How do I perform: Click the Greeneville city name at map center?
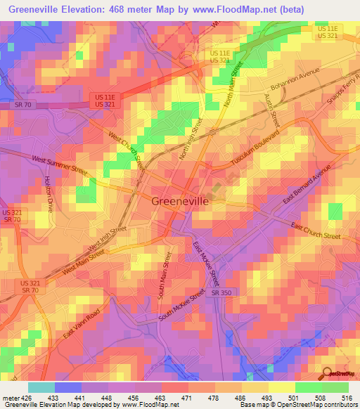[x=179, y=201]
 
